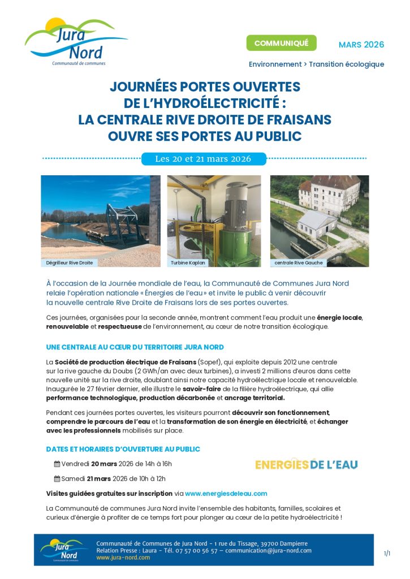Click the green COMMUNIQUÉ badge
coord(281,44)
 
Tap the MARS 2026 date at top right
coord(361,45)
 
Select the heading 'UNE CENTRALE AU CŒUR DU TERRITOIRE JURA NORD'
coord(135,347)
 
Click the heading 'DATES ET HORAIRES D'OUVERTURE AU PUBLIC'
coord(123,449)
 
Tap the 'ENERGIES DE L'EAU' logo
coord(306,464)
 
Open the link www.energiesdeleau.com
coord(226,494)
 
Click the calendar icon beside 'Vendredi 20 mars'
coord(57,464)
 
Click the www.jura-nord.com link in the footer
coord(123,558)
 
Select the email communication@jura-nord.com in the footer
coord(269,550)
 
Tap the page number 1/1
coord(387,553)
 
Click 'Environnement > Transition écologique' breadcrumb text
coord(316,64)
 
